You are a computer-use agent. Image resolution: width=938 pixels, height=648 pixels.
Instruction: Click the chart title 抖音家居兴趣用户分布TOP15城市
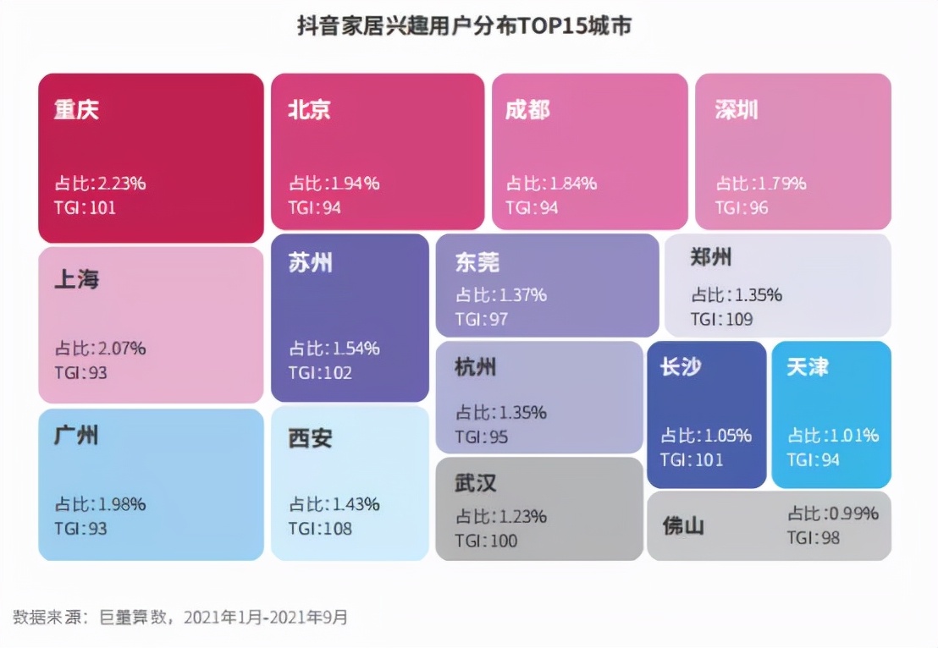tap(464, 26)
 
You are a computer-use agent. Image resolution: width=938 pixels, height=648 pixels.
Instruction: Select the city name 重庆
tap(76, 110)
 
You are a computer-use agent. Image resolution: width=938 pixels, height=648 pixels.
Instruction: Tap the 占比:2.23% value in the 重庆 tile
tap(101, 184)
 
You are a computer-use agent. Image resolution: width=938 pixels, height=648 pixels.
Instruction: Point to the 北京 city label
tap(309, 110)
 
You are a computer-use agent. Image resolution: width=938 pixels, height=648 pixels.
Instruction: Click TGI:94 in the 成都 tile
tap(532, 207)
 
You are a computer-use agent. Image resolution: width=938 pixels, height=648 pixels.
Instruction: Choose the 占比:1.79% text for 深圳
tap(760, 184)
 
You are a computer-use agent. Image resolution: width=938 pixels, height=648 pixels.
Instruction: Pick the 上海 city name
tap(76, 280)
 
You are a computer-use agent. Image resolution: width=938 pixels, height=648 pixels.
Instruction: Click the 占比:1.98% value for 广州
tap(101, 504)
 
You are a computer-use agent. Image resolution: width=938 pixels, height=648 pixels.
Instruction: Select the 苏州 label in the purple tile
tap(310, 263)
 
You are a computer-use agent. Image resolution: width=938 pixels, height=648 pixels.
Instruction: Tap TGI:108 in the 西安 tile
tap(320, 529)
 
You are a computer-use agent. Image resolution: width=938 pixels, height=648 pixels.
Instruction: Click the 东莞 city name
tap(477, 263)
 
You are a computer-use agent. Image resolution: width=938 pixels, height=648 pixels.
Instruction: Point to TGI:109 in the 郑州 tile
tap(721, 320)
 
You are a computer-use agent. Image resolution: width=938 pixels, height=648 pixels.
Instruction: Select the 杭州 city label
tap(476, 367)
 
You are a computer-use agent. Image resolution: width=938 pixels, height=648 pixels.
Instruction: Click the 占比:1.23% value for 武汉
tap(501, 517)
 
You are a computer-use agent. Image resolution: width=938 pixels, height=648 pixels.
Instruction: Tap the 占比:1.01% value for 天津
tap(833, 436)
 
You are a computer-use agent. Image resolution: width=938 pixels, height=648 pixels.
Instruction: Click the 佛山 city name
tap(683, 526)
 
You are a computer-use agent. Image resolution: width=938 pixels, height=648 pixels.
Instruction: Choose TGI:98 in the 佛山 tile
tap(813, 538)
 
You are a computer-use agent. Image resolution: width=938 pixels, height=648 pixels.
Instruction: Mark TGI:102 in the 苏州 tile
tap(320, 373)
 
